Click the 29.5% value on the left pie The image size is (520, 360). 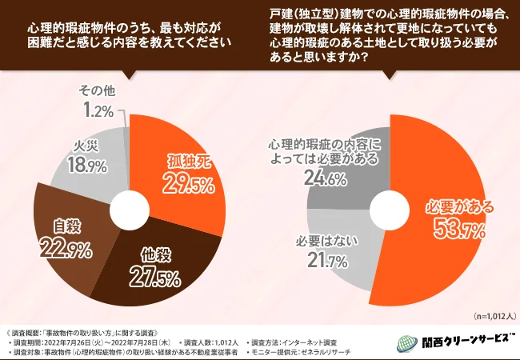191,186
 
